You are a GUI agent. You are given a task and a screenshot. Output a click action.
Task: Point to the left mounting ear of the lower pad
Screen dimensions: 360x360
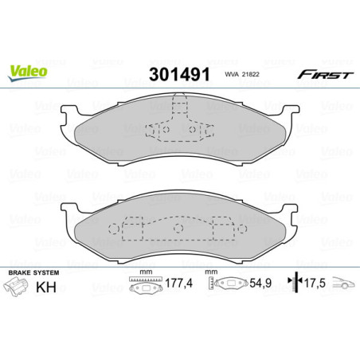point(74,205)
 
